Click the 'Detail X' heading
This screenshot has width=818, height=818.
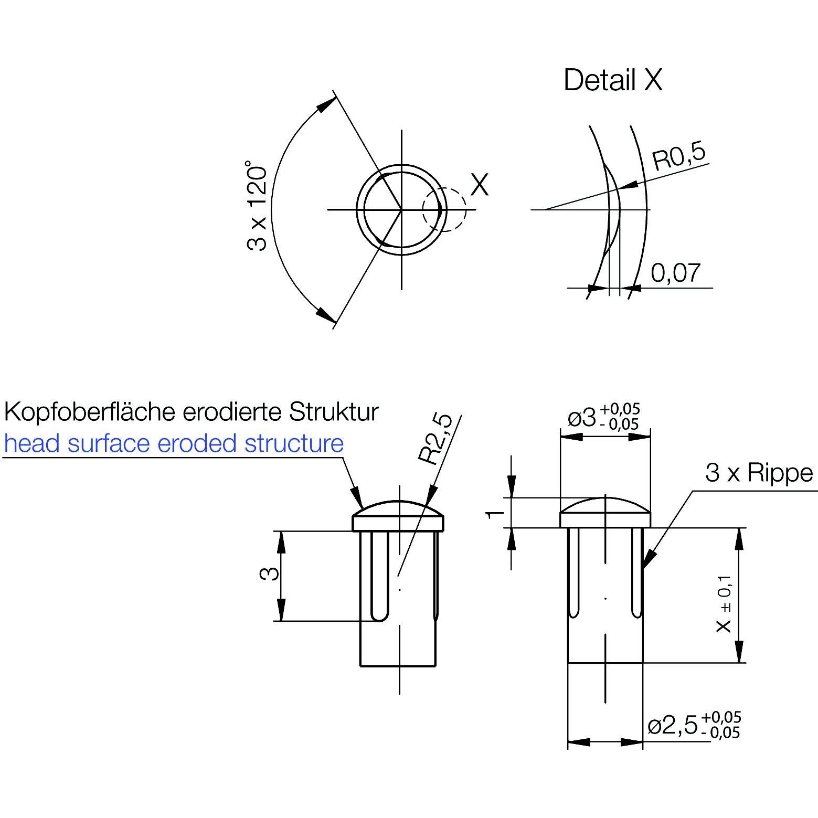click(x=612, y=80)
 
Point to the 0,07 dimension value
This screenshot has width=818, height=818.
click(x=675, y=273)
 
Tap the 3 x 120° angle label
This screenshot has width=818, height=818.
click(x=258, y=206)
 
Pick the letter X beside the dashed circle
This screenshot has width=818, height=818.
click(x=480, y=184)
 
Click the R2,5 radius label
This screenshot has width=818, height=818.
click(x=436, y=439)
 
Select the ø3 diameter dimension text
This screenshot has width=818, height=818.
click(x=603, y=418)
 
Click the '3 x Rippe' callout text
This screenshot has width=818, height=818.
click(x=758, y=473)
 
